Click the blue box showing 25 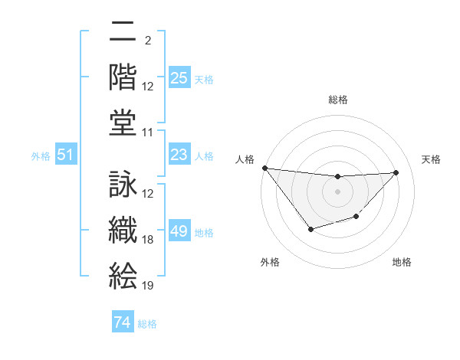coord(179,78)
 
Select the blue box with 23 coord(179,155)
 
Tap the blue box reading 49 coord(179,231)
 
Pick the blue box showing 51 coord(65,155)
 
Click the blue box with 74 coord(122,322)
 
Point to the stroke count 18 coord(148,240)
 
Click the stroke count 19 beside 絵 coord(148,286)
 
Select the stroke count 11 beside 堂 coord(148,133)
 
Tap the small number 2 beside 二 coord(147,41)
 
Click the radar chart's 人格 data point coord(264,168)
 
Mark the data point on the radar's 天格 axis coord(396,172)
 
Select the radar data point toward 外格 coord(310,229)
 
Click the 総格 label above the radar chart coord(337,100)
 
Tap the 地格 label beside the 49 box coord(204,232)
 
